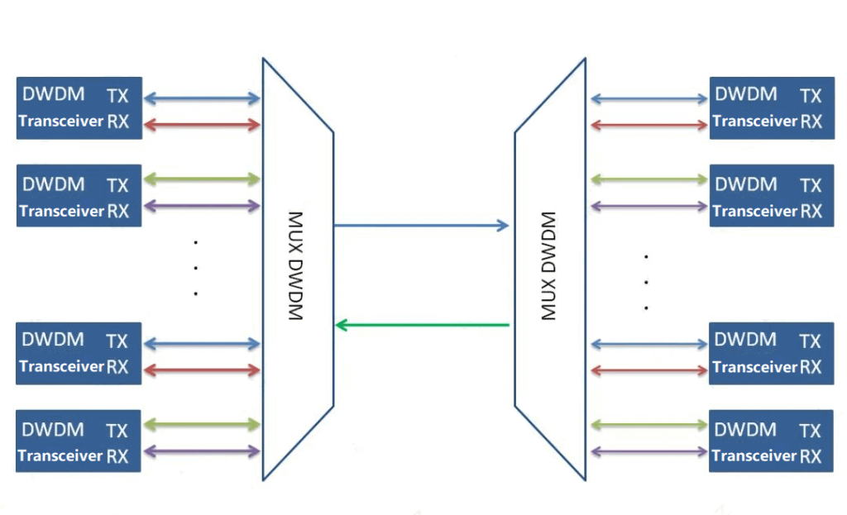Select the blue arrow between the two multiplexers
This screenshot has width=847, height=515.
pos(421,225)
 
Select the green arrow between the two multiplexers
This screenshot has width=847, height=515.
pos(421,325)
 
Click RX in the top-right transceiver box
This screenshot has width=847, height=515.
pos(811,121)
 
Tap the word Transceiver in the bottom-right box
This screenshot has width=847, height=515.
pos(754,455)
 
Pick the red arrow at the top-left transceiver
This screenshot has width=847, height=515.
pos(202,125)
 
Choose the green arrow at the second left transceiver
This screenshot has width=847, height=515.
pos(202,179)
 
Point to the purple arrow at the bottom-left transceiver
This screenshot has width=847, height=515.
pos(202,451)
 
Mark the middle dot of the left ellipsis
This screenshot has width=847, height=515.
pos(196,268)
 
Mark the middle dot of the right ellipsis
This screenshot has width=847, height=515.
pos(645,282)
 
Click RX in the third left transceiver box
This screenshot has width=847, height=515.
pos(117,366)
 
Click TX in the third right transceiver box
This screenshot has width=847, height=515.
pos(811,341)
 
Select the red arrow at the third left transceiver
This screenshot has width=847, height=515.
pos(202,370)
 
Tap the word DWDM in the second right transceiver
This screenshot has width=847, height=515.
pos(745,184)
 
